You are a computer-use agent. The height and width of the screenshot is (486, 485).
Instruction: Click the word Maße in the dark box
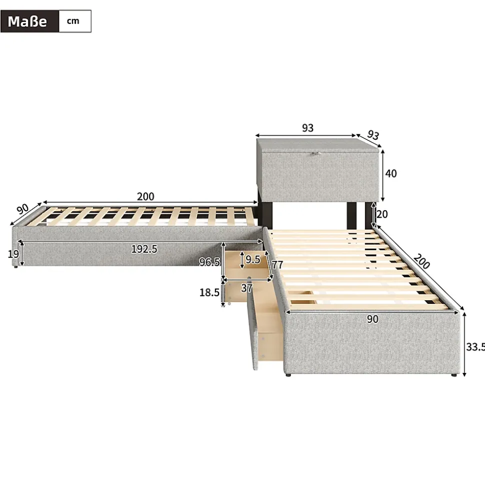27,22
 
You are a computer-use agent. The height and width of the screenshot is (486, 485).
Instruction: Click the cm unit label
73,21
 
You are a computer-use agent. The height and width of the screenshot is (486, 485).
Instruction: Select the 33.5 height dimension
475,346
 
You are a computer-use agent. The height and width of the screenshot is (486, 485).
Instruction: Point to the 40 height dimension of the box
391,174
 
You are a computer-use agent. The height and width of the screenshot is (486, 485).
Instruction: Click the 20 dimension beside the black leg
382,214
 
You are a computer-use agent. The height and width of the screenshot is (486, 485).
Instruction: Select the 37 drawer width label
246,288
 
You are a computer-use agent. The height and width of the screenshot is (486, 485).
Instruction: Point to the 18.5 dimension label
209,293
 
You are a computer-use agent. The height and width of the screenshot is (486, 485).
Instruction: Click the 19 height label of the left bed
13,254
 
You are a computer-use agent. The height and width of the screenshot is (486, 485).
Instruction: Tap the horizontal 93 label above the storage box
307,128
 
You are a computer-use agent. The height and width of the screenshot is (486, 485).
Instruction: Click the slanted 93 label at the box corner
373,135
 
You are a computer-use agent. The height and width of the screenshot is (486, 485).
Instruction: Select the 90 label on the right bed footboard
372,319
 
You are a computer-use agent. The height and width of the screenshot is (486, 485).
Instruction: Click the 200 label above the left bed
145,197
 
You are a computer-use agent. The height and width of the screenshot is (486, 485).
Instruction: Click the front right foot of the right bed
453,374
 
